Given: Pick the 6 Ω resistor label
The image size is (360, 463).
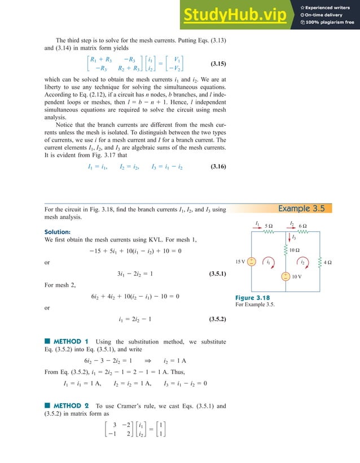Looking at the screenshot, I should (x=302, y=224).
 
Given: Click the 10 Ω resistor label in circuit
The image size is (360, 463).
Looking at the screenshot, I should (x=295, y=249).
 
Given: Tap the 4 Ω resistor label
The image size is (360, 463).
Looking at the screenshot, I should (x=327, y=262).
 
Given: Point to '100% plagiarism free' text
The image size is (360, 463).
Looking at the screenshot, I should (x=331, y=23).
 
